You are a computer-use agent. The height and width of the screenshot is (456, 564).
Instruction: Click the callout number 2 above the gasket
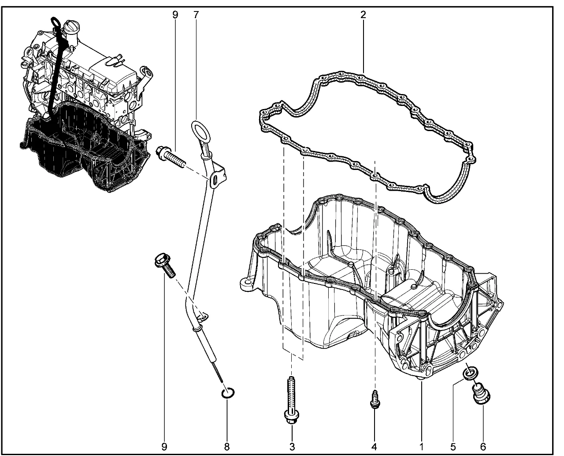[363, 15]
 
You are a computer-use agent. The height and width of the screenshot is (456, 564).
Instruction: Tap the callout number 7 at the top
[196, 15]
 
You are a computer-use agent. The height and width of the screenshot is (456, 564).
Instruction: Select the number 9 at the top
[175, 15]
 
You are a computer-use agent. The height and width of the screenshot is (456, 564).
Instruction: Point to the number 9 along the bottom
[164, 447]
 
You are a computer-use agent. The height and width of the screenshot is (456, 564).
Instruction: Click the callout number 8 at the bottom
[227, 447]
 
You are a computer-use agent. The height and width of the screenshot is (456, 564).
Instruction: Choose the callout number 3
[292, 447]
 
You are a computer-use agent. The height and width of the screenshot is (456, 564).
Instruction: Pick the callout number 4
[374, 447]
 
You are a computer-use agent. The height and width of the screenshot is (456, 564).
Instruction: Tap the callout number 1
[421, 447]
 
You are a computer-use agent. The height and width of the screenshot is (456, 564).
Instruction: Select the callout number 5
[453, 447]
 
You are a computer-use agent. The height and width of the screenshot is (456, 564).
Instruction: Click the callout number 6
[483, 447]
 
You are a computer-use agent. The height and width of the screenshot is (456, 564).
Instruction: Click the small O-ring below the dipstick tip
[228, 392]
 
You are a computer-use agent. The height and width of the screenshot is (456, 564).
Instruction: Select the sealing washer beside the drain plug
[470, 373]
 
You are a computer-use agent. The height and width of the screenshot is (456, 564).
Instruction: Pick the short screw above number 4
[375, 399]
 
